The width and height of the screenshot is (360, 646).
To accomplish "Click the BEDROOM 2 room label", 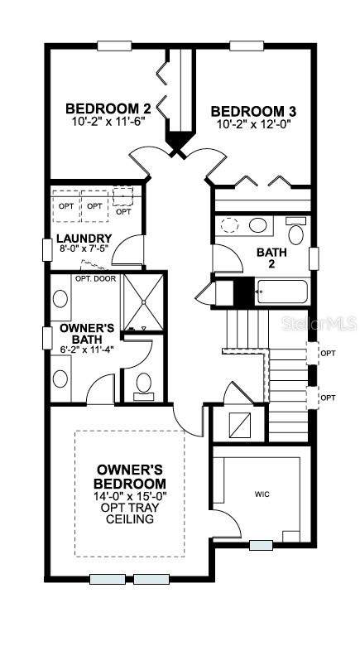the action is coord(108,108).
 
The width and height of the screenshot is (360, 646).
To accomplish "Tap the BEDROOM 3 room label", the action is coord(253,111).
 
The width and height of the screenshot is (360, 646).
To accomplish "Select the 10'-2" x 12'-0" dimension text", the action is coord(253,124).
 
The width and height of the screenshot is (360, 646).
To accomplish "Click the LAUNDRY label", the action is coord(84,239).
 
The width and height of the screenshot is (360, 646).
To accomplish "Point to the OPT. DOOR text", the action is coord(95,278).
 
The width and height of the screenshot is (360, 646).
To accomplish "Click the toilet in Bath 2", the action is coord(295,231).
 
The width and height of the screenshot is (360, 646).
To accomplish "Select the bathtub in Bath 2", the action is coord(281,292).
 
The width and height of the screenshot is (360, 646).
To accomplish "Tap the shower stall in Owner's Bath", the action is coord(143,301).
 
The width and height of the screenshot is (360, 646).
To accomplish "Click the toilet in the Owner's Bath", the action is coord(144,386).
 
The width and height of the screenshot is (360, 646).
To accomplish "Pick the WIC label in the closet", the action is coord(262,494).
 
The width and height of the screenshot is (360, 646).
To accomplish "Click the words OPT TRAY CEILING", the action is coord(130,513).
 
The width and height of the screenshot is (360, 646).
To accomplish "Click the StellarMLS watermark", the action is coord(319,324).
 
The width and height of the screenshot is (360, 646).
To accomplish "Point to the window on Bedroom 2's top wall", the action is coord(114,46).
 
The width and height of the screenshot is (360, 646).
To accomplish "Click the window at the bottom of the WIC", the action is coord(261,545).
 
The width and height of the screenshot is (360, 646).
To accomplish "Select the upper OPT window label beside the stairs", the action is coord(328,354).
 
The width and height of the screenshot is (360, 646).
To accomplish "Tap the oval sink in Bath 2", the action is coord(258,225).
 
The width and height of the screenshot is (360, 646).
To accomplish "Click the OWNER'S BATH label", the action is coord(87,334).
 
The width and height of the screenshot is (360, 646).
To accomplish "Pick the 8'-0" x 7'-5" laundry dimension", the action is coord(84,248).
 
